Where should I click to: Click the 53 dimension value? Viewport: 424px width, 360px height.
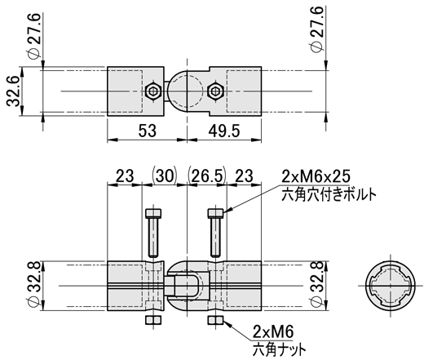[148, 131]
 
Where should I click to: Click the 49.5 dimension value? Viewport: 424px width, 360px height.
[224, 131]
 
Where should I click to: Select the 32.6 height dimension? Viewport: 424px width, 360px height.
[13, 91]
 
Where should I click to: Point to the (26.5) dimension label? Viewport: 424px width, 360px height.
[207, 176]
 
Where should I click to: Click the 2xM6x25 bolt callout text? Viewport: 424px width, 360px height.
[316, 176]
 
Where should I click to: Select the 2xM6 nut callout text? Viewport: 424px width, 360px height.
[273, 331]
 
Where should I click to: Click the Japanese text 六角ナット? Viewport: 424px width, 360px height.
[279, 349]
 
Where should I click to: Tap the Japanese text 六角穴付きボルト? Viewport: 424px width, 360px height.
[329, 194]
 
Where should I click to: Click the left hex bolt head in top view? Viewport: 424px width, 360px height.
[153, 91]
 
